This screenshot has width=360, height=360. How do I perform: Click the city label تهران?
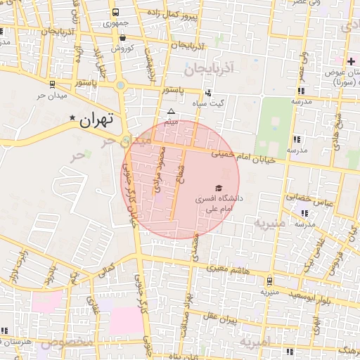96,120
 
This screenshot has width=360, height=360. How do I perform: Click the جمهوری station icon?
115,13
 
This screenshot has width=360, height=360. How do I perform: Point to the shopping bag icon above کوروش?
123,38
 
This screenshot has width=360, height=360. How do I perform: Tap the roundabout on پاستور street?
121,86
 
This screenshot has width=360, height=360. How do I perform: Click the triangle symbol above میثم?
170,112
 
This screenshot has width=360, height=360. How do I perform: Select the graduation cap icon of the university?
219,188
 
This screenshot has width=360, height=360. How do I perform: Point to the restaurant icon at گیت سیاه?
207,93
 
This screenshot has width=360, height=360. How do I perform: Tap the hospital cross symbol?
351,62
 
